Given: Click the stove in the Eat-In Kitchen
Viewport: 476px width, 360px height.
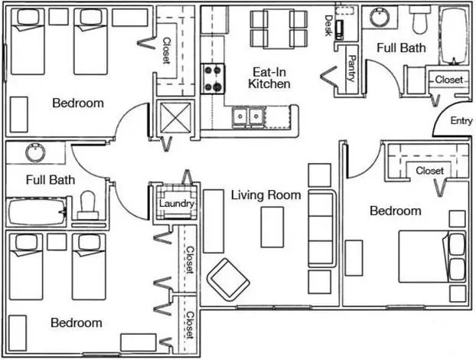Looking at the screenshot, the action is point(213,79).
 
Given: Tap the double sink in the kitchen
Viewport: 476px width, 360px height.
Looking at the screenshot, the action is point(248,116).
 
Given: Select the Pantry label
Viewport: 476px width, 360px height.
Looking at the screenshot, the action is point(352,68).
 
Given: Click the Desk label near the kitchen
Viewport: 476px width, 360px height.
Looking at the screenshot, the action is point(328,25).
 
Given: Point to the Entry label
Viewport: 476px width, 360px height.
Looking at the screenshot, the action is point(461,120).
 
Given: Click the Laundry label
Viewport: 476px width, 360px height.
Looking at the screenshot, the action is point(177,203).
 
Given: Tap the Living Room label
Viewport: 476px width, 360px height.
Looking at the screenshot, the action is point(266,195).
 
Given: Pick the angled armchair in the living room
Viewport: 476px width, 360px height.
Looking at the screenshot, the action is point(228,280).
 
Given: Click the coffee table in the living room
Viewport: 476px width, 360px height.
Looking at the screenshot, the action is point(272,227).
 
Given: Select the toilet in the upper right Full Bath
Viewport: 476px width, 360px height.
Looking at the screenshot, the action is point(419,20).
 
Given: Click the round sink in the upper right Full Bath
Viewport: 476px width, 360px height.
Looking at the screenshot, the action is point(379,17).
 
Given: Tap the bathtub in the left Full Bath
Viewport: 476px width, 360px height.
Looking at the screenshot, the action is point(37,211).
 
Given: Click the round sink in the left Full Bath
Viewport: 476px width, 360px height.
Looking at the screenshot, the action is point(35,153).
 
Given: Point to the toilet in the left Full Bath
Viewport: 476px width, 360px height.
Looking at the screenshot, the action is point(88,205).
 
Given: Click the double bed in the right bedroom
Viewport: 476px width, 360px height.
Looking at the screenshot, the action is point(432,257).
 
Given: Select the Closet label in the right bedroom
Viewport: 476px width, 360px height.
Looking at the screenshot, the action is point(429,171).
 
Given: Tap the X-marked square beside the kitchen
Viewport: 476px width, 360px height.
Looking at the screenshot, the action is point(175,117).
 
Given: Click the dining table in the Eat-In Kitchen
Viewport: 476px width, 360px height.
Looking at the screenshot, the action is point(279,28).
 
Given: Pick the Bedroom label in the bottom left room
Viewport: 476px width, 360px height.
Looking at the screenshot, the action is point(77,322).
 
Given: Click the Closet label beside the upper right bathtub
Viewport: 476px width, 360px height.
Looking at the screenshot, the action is point(448,80).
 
